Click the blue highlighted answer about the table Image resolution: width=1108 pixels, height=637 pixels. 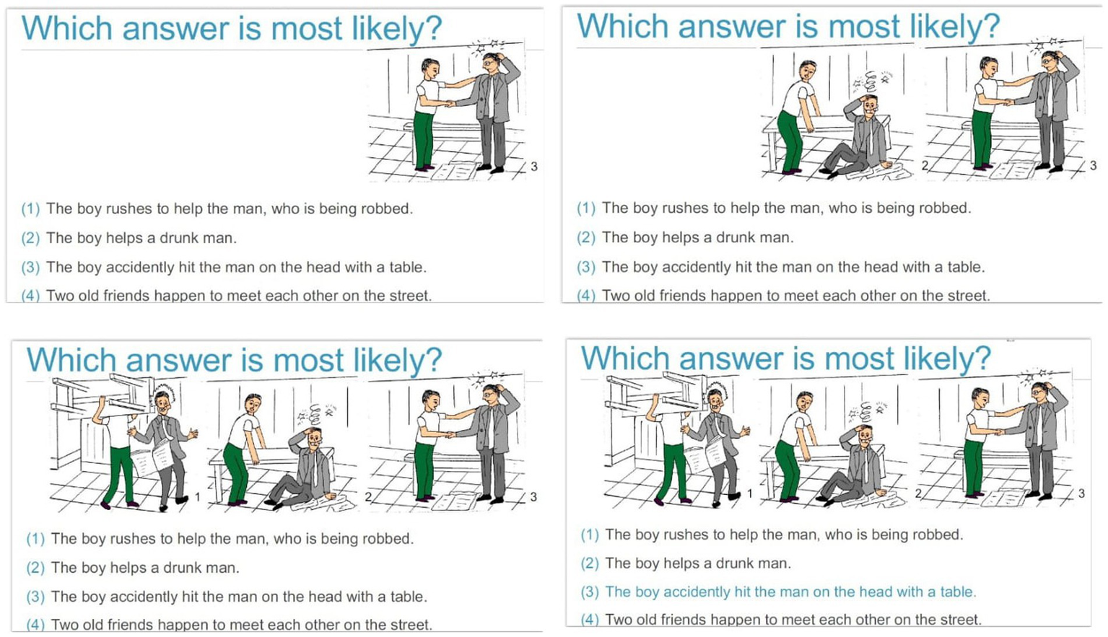click(x=790, y=592)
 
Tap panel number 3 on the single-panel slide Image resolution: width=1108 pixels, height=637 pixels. click(x=533, y=167)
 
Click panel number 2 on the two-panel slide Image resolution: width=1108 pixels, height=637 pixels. click(x=925, y=165)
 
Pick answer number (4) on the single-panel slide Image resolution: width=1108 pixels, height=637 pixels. click(x=30, y=296)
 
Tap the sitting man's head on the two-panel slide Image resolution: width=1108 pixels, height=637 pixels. click(x=870, y=105)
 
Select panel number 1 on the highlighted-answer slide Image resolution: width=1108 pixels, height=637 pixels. click(x=750, y=493)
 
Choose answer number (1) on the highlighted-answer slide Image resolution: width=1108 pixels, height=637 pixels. click(x=590, y=535)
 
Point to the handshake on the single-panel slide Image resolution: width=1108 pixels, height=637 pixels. click(x=449, y=103)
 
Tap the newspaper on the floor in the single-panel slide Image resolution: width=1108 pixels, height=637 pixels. click(x=455, y=171)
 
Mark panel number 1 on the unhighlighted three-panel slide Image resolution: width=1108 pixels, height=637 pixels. click(x=197, y=496)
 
